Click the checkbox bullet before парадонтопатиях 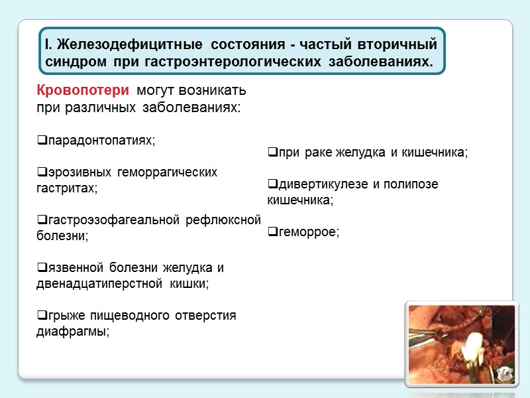tap(41, 140)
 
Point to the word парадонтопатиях tap(100, 140)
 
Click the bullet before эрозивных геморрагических tap(41, 172)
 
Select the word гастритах tap(66, 188)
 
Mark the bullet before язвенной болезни tap(41, 267)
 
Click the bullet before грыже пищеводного tap(41, 315)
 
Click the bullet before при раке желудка tap(272, 153)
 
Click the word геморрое tap(308, 232)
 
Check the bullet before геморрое tap(272, 232)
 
